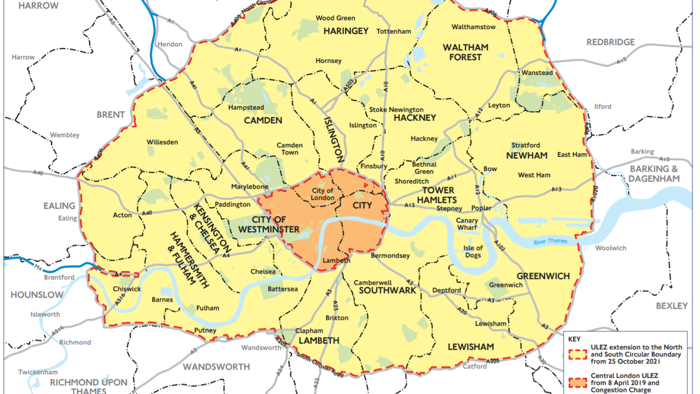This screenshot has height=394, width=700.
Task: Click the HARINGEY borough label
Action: pyautogui.click(x=346, y=31)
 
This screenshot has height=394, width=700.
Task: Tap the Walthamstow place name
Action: pyautogui.click(x=473, y=27)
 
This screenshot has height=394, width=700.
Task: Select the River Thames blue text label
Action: pyautogui.click(x=550, y=241)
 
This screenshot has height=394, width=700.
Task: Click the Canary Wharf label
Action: pyautogui.click(x=467, y=224)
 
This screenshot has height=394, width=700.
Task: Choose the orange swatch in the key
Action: pyautogui.click(x=577, y=383)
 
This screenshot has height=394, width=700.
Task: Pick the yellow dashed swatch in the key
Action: pyautogui.click(x=577, y=354)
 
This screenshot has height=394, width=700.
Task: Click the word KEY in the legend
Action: pyautogui.click(x=574, y=339)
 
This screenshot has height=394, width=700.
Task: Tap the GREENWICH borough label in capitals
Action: pyautogui.click(x=543, y=276)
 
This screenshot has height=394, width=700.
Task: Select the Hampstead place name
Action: pyautogui.click(x=246, y=107)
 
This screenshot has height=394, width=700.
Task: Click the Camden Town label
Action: pyautogui.click(x=290, y=148)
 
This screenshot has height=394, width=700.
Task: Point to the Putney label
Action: pyautogui.click(x=205, y=330)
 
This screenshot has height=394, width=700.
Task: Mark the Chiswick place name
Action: pyautogui.click(x=127, y=289)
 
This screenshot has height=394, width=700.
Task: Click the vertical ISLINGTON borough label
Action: pyautogui.click(x=333, y=139)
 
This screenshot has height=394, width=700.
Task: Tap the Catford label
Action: pyautogui.click(x=475, y=366)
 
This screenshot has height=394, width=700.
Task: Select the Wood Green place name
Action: pyautogui.click(x=336, y=18)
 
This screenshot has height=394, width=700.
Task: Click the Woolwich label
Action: pyautogui.click(x=610, y=248)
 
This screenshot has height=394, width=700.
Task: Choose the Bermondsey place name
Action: pyautogui.click(x=390, y=255)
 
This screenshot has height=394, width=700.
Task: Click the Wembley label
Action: pyautogui.click(x=65, y=135)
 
